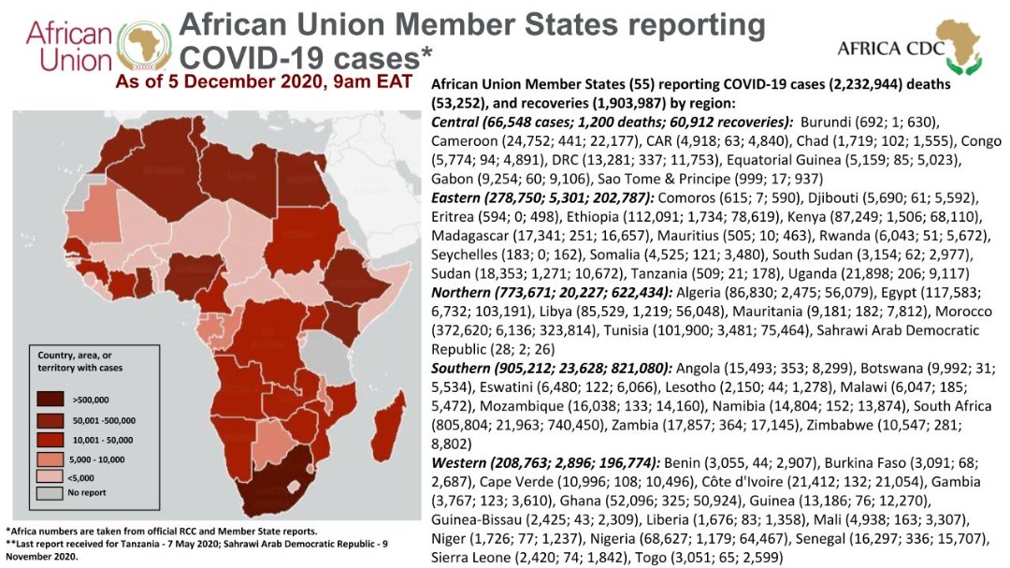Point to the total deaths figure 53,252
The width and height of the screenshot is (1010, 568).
tap(461, 103)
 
